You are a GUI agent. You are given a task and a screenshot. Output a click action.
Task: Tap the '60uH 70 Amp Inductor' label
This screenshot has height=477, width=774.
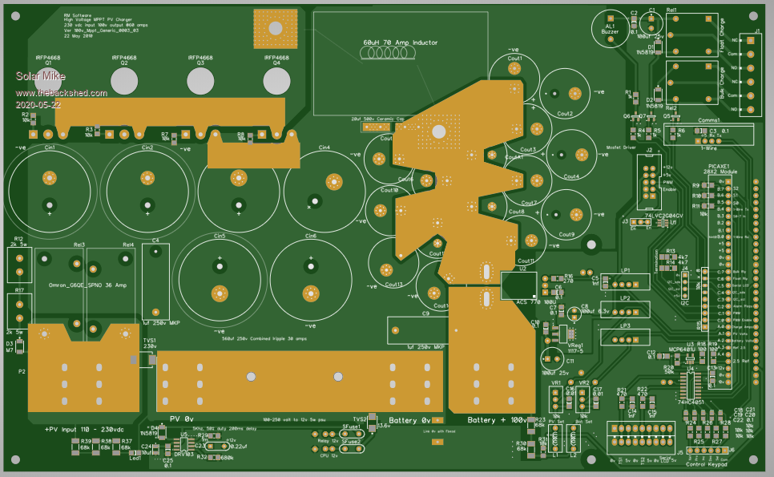401,42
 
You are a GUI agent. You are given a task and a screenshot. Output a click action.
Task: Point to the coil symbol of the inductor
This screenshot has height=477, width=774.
387,55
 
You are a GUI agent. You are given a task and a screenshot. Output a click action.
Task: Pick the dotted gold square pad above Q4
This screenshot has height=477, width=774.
275,26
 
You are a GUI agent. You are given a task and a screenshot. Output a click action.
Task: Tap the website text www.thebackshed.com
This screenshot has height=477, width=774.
61,93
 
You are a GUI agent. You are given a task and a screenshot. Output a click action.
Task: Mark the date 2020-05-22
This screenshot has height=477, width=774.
38,104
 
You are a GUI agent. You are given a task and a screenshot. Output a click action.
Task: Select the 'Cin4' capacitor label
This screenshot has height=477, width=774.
324,148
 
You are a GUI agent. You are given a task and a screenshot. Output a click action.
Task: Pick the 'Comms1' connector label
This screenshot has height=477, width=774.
709,120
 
